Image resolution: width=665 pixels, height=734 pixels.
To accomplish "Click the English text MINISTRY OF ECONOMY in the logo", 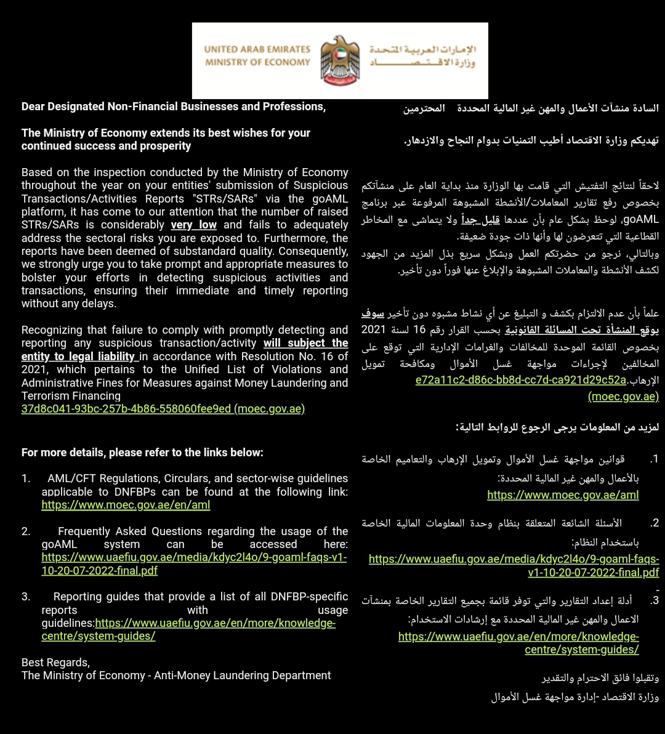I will click(x=257, y=62).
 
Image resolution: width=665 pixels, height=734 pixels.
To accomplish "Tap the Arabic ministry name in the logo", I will click(x=424, y=55).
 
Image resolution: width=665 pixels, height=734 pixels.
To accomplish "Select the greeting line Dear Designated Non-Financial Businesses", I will click(x=173, y=107).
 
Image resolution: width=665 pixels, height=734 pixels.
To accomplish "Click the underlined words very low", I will click(x=194, y=225).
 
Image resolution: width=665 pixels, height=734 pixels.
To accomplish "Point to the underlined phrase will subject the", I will click(x=306, y=343).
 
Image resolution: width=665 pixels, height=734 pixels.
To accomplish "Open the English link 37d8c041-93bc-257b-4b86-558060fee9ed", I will click(x=163, y=409).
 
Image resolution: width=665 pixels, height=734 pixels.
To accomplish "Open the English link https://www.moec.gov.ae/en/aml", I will click(x=126, y=505).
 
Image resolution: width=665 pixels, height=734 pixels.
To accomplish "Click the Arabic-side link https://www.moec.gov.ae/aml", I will click(x=563, y=494).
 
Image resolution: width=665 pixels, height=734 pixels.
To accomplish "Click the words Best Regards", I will click(x=55, y=663).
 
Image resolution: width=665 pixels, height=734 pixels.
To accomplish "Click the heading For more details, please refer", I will click(x=142, y=453).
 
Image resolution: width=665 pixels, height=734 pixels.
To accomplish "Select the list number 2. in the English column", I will click(x=26, y=531).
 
